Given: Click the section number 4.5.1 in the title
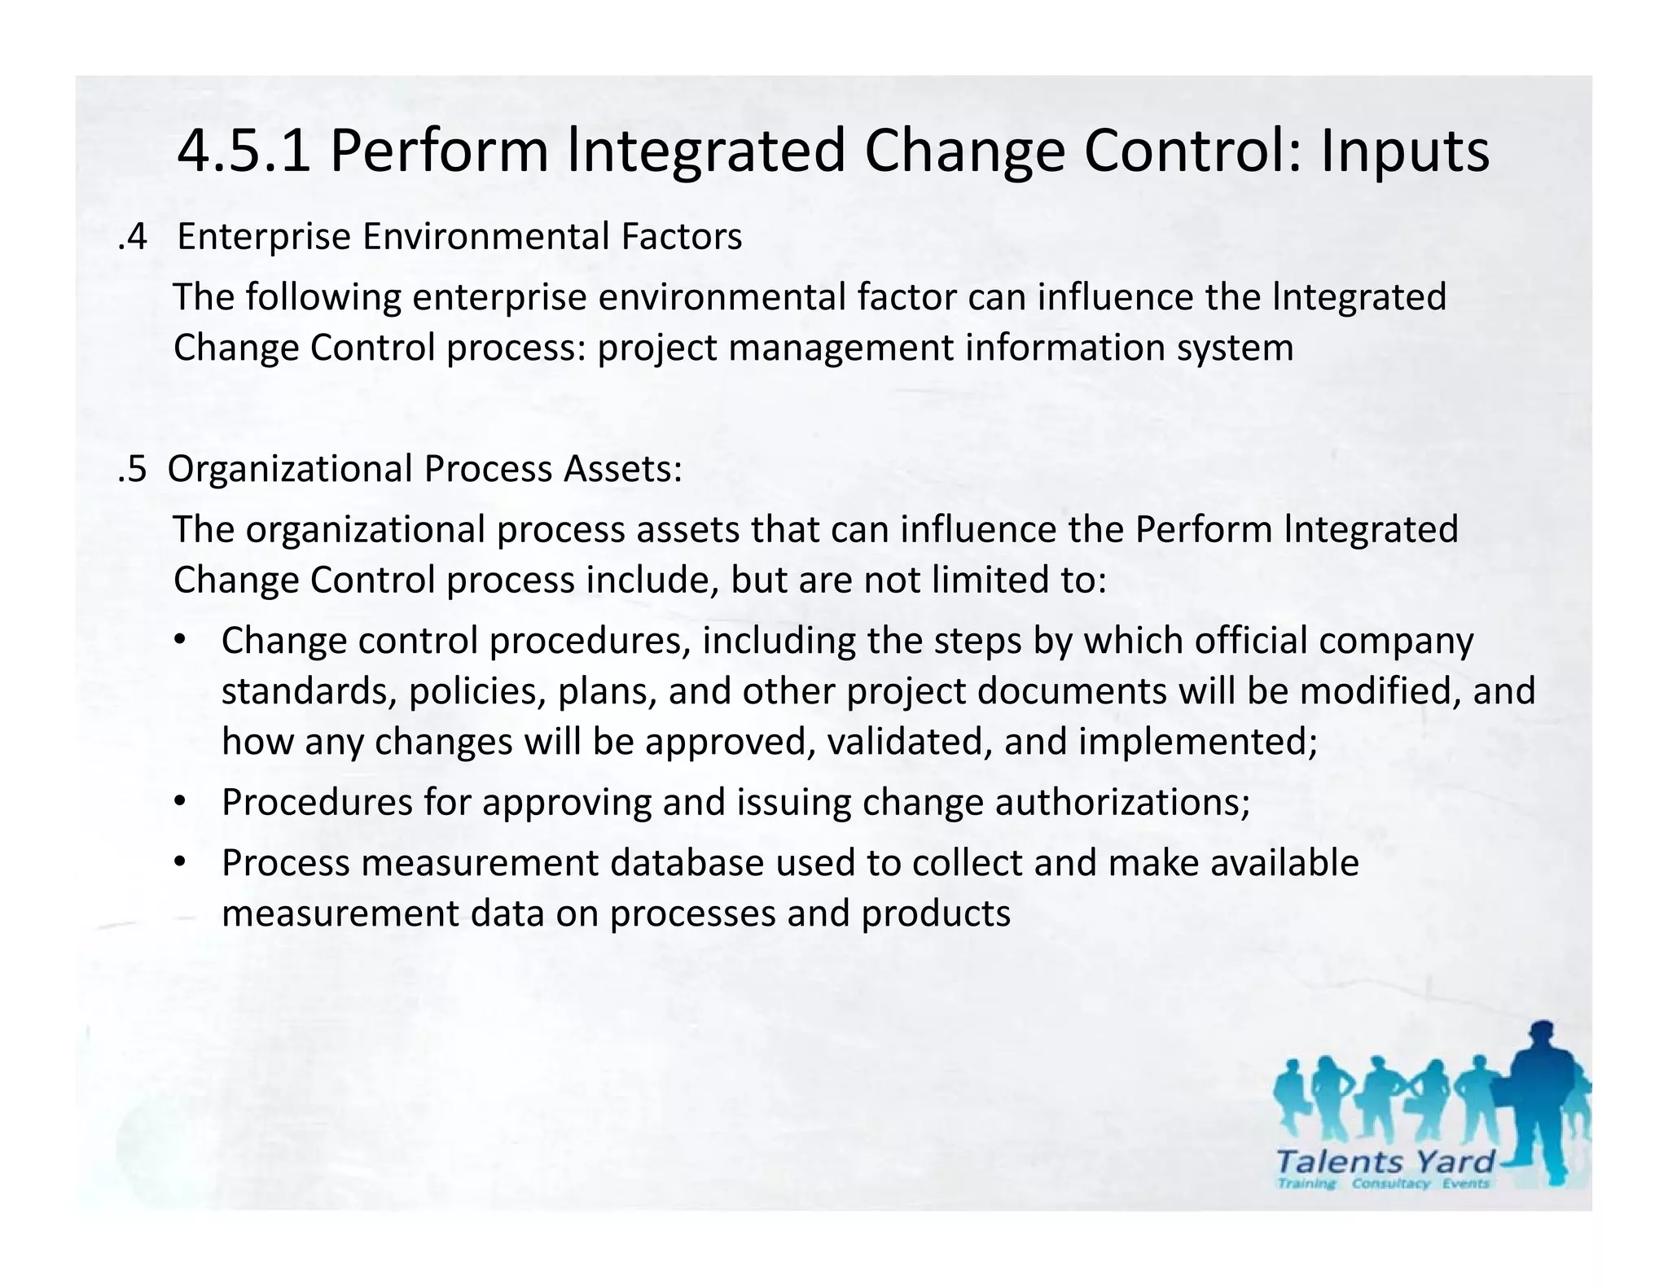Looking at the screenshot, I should tap(244, 151).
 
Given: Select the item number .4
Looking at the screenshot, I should tap(133, 237).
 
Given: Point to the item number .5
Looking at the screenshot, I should tap(133, 469).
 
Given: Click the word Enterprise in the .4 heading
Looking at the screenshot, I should tap(264, 238).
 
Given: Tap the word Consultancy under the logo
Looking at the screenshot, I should tap(1390, 1184).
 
